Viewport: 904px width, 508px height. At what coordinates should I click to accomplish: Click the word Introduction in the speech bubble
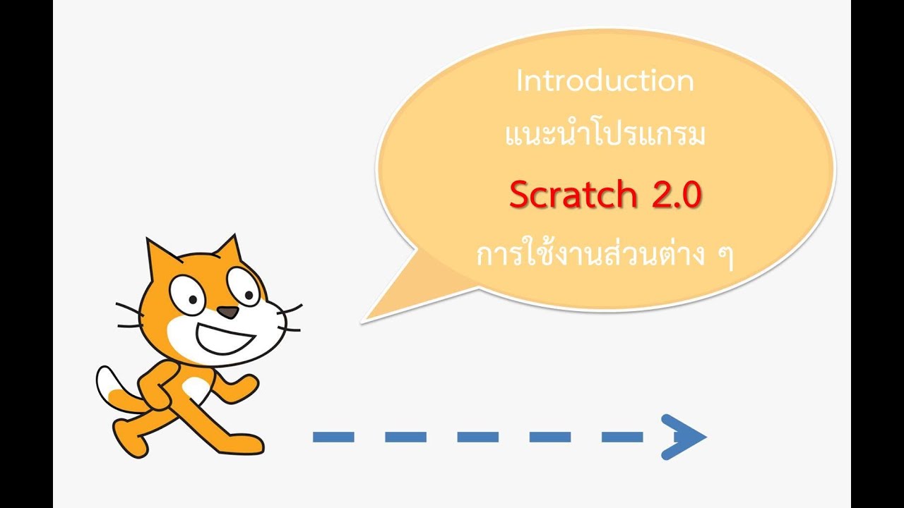click(x=605, y=81)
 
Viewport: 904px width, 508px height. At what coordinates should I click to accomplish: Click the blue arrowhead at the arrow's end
click(x=682, y=437)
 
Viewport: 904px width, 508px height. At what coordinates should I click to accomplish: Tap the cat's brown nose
click(x=226, y=311)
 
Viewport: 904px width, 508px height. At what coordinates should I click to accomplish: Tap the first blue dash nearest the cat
click(x=333, y=437)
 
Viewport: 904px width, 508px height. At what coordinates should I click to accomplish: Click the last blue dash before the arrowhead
click(x=621, y=437)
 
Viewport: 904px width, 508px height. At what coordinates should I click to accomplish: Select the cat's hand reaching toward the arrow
click(x=247, y=384)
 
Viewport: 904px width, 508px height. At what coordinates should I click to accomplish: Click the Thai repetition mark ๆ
click(x=725, y=255)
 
